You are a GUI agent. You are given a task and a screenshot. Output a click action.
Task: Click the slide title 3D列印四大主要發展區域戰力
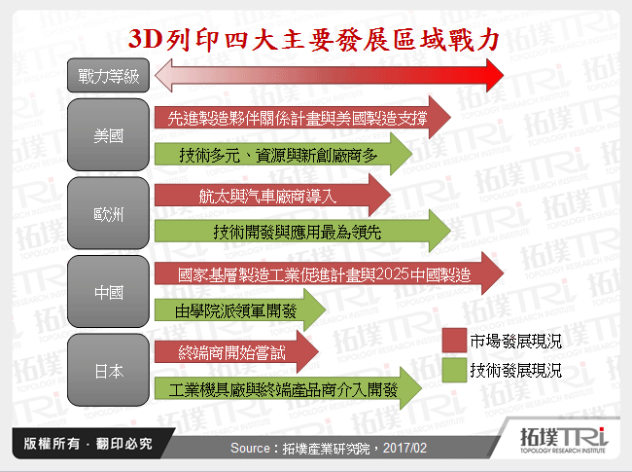(x=316, y=40)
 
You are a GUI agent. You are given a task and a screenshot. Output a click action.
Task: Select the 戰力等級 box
(x=108, y=75)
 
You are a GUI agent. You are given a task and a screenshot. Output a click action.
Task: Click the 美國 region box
(x=108, y=135)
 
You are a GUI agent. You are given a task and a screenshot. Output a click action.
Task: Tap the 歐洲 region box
(x=108, y=212)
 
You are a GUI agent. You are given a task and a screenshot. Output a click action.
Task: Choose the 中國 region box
(x=108, y=291)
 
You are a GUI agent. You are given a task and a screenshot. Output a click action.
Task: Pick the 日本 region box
(x=108, y=370)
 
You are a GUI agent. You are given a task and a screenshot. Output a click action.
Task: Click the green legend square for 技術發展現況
(x=453, y=370)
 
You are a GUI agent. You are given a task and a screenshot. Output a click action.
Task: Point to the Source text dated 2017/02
(x=329, y=446)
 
